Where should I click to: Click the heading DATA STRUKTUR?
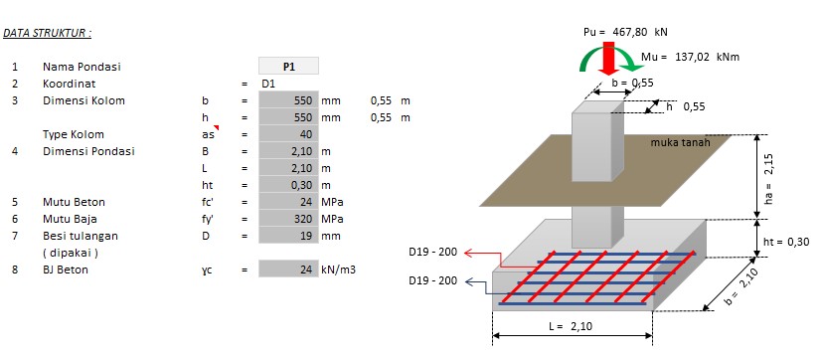pyautogui.click(x=48, y=33)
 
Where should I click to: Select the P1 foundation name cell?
pyautogui.click(x=288, y=67)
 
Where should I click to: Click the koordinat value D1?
pyautogui.click(x=268, y=84)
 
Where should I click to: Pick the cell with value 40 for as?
pyautogui.click(x=288, y=134)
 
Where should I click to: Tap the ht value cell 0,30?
pyautogui.click(x=288, y=185)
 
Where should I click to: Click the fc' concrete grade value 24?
pyautogui.click(x=288, y=202)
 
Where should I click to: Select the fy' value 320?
pyautogui.click(x=288, y=219)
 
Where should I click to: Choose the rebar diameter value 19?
pyautogui.click(x=288, y=236)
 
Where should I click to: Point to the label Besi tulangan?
pyautogui.click(x=81, y=236)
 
